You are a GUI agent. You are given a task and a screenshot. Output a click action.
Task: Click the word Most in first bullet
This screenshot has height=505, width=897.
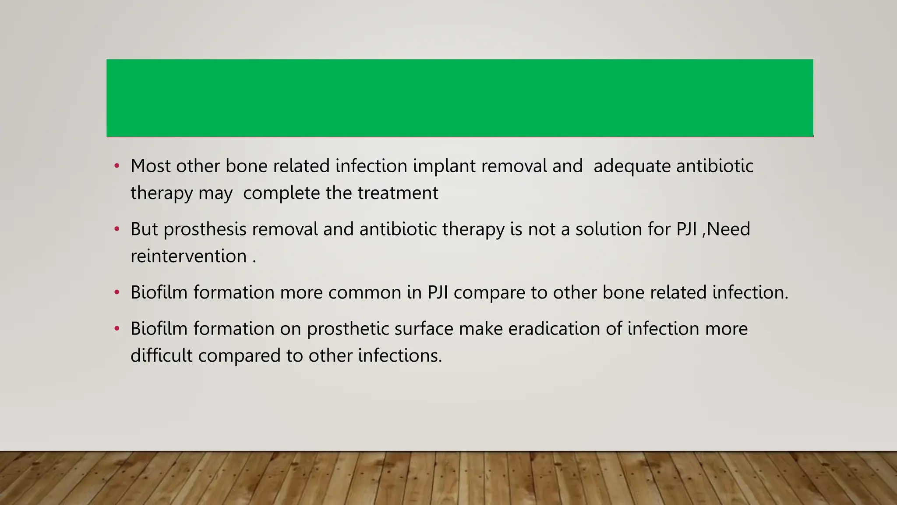pos(150,166)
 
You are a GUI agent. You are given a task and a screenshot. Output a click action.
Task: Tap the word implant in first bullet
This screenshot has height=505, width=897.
pos(444,166)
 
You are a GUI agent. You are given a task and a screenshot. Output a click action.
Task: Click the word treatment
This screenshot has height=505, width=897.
pos(398,193)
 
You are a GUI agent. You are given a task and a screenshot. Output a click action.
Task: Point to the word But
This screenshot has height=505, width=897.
pos(144,229)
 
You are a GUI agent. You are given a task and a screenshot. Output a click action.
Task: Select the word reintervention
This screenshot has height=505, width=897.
pos(189,256)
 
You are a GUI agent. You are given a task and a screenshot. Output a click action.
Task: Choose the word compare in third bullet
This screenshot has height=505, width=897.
pos(489,293)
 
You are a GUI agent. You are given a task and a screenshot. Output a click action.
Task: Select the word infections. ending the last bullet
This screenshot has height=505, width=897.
pos(400,356)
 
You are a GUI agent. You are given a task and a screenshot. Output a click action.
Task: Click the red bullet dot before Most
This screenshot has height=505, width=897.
pos(117,167)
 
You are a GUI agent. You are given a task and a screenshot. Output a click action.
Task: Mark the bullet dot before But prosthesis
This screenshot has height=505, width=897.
pos(117,230)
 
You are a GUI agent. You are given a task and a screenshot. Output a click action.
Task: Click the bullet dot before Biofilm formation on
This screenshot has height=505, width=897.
pos(117,329)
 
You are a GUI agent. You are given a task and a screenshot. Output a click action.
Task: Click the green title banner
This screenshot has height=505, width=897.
pos(460,98)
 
